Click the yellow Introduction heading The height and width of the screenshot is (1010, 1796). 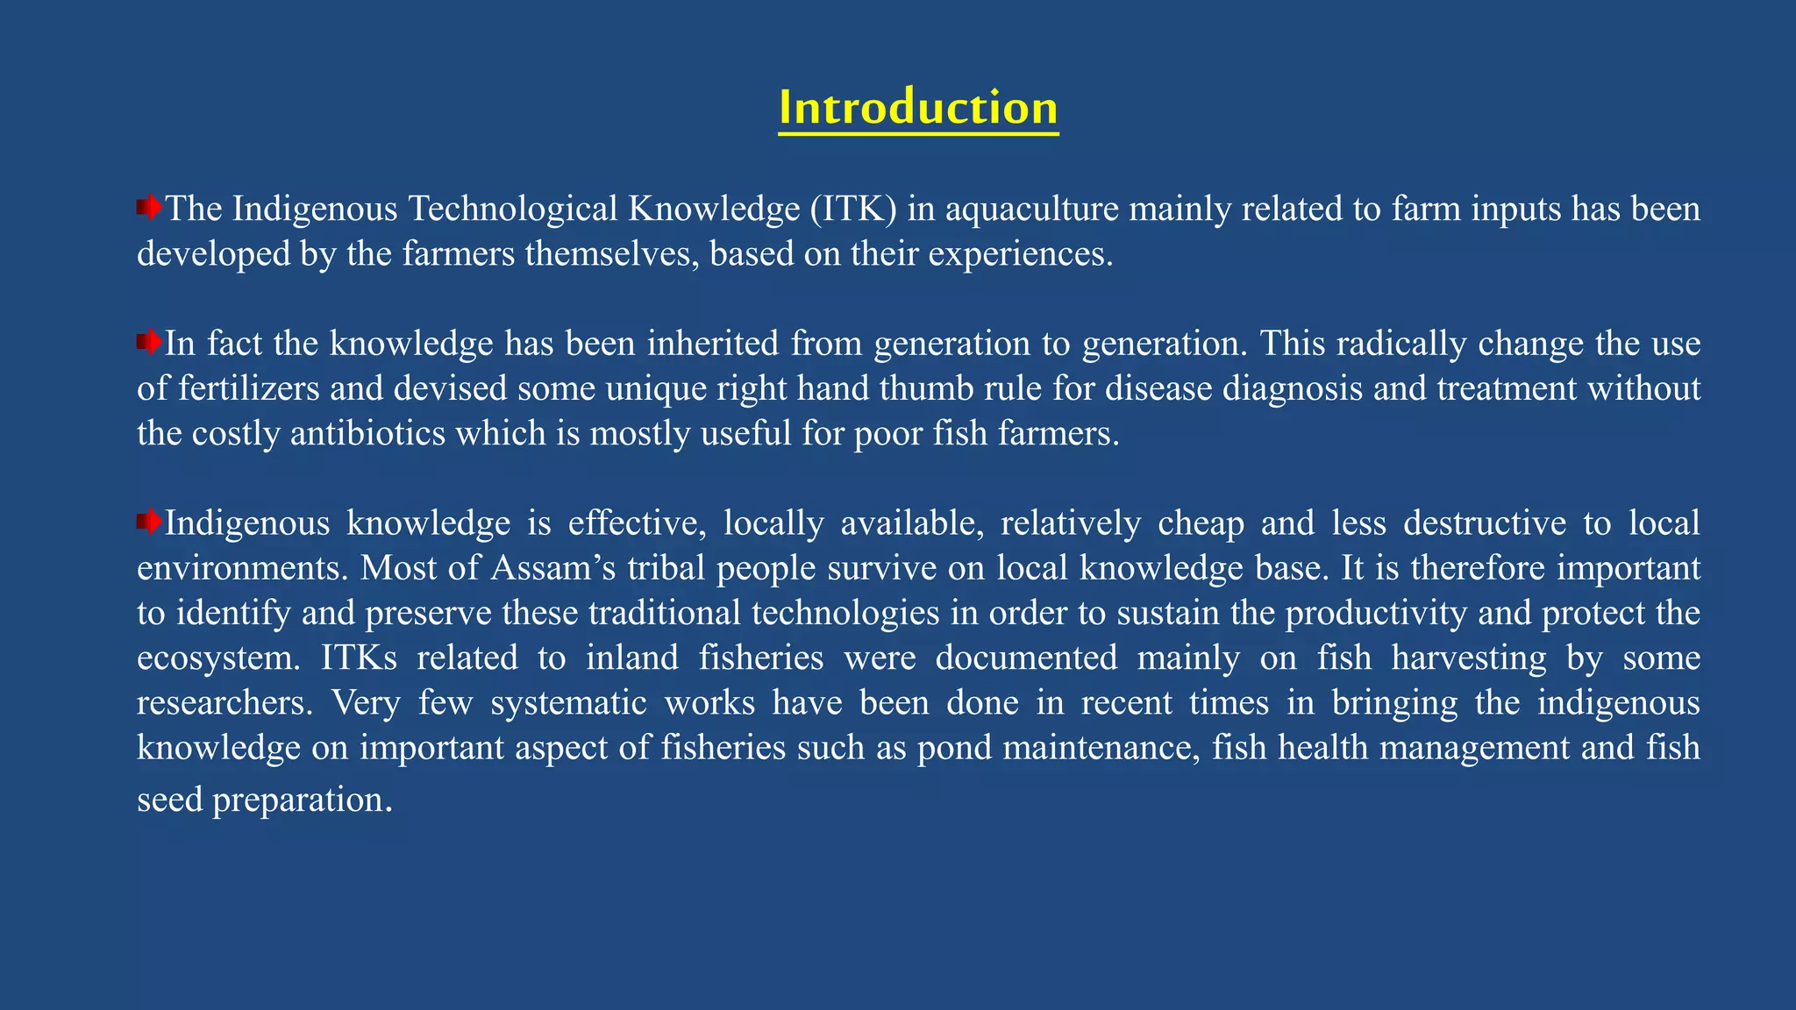pyautogui.click(x=918, y=108)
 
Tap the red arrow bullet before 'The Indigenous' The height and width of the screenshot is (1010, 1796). pyautogui.click(x=149, y=208)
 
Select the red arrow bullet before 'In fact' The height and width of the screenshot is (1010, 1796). pyautogui.click(x=149, y=342)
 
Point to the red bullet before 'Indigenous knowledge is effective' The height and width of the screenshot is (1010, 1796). pyautogui.click(x=149, y=523)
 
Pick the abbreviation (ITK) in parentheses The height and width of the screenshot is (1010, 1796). pyautogui.click(x=852, y=209)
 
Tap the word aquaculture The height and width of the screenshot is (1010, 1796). pyautogui.click(x=1031, y=209)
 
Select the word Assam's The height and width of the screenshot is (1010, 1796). pyautogui.click(x=553, y=568)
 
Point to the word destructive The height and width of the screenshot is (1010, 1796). pyautogui.click(x=1485, y=523)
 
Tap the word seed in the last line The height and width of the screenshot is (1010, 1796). pyautogui.click(x=169, y=799)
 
